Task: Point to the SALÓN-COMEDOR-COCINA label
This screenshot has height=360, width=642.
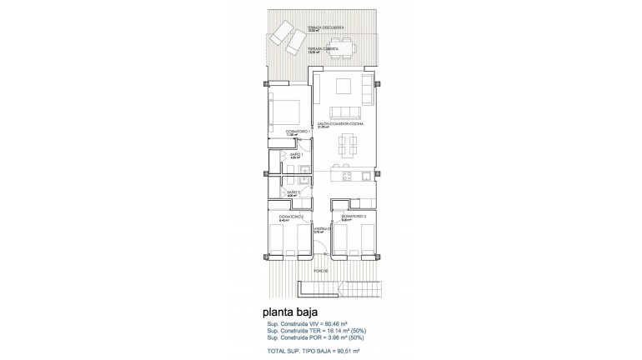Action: pyautogui.click(x=333, y=123)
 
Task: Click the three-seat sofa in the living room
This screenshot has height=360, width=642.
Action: pyautogui.click(x=344, y=112)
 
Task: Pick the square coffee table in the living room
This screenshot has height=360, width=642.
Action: pyautogui.click(x=344, y=87)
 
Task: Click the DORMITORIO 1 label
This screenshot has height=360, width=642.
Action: pyautogui.click(x=297, y=132)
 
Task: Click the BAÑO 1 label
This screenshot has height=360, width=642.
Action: pyautogui.click(x=296, y=154)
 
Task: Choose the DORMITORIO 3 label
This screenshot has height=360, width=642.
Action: pyautogui.click(x=353, y=217)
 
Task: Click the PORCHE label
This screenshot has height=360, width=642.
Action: pyautogui.click(x=320, y=272)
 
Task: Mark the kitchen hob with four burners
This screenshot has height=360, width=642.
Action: pyautogui.click(x=365, y=176)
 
